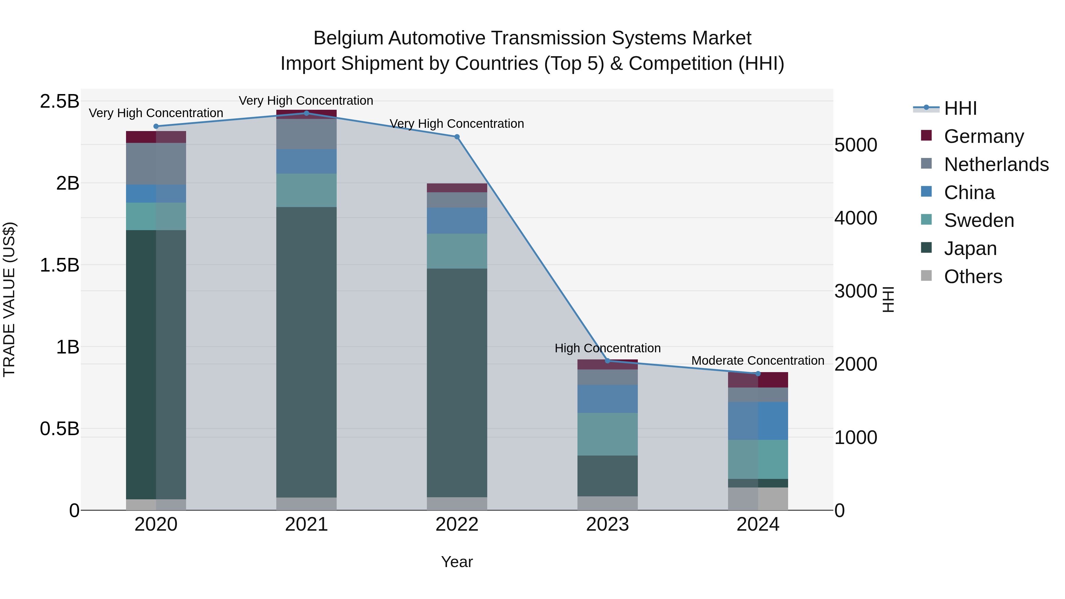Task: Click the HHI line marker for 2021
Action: [306, 113]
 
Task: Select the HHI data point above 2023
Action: [607, 361]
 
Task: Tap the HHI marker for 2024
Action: [758, 373]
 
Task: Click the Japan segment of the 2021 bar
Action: [306, 351]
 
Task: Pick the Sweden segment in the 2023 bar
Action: [607, 434]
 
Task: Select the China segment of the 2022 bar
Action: [457, 220]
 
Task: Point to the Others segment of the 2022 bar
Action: [457, 503]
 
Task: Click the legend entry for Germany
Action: [984, 136]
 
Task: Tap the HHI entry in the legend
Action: [960, 108]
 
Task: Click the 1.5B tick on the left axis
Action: [59, 265]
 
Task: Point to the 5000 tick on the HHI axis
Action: [855, 145]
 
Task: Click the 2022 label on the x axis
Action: [457, 524]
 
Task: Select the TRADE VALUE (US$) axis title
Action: [9, 299]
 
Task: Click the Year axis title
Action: [457, 562]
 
